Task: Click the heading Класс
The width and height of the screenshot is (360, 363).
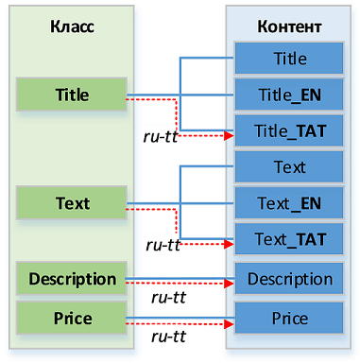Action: (72, 26)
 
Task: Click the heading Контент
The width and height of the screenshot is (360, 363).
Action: (289, 26)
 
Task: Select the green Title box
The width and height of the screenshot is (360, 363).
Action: (72, 95)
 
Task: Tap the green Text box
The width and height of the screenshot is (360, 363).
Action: (72, 203)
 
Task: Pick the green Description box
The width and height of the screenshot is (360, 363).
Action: (72, 279)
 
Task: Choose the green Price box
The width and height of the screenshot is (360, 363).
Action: (72, 318)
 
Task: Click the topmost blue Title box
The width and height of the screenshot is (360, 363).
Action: (289, 59)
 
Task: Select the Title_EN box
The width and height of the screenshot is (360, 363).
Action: (289, 95)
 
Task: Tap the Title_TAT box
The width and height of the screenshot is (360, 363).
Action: (289, 130)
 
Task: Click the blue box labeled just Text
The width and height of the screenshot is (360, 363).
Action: (289, 167)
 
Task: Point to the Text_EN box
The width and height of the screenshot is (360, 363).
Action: (289, 203)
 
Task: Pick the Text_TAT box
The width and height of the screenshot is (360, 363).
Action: (289, 239)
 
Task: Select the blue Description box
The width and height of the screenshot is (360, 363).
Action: (289, 279)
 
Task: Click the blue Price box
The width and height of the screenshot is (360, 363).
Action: (289, 318)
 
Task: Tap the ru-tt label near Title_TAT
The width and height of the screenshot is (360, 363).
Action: (161, 137)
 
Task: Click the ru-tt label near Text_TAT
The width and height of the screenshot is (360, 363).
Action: (163, 245)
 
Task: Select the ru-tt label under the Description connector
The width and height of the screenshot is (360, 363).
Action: (169, 298)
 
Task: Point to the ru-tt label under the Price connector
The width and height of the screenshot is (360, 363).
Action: (169, 337)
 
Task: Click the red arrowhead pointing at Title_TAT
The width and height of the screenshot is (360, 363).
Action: (229, 136)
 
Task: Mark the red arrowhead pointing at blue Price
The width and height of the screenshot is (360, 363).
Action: (229, 323)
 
